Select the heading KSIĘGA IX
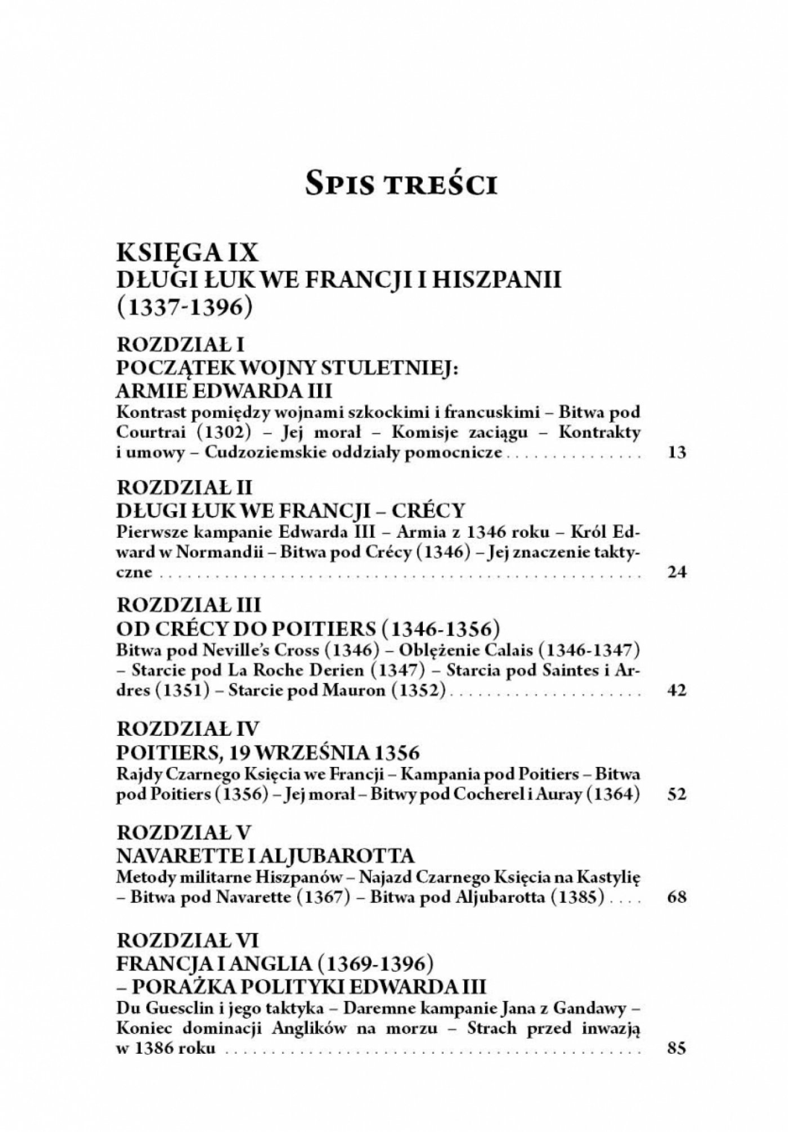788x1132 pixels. (x=187, y=254)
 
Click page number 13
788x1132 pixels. (x=676, y=453)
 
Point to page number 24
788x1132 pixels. (x=676, y=573)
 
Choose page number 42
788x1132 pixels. (x=676, y=690)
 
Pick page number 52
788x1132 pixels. (x=676, y=795)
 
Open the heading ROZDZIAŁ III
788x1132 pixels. (x=189, y=606)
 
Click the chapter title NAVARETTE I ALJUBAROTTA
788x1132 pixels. (x=265, y=856)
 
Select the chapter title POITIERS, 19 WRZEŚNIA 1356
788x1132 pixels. (x=268, y=752)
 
